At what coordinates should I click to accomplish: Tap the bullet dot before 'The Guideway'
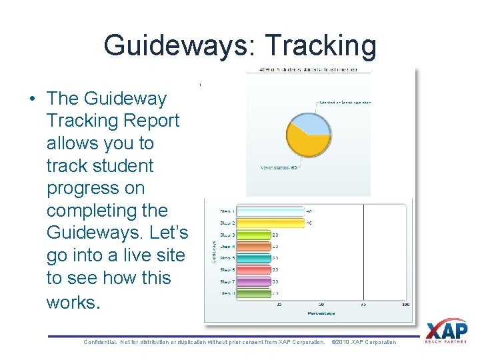pyautogui.click(x=33, y=99)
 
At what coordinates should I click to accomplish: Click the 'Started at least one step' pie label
pyautogui.click(x=345, y=103)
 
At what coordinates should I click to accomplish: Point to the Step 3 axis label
pyautogui.click(x=227, y=235)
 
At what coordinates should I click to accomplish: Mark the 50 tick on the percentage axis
pyautogui.click(x=321, y=305)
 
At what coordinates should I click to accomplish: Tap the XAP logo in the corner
pyautogui.click(x=447, y=331)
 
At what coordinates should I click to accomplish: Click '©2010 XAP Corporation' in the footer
pyautogui.click(x=364, y=342)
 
